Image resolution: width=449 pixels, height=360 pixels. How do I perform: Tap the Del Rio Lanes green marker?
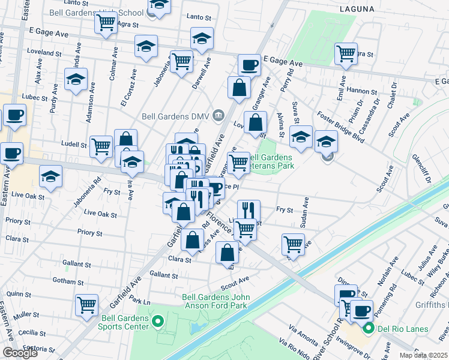click(369, 328)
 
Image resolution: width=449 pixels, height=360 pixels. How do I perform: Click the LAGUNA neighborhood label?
click(357, 9)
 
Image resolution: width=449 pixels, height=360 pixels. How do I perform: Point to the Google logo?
click(20, 353)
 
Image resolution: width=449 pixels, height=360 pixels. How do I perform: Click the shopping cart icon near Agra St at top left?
click(106, 23)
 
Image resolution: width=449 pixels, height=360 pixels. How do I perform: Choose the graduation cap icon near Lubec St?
click(76, 80)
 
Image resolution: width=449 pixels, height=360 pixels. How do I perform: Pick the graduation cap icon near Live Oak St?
click(51, 176)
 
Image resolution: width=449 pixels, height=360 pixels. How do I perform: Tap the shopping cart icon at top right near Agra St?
click(346, 53)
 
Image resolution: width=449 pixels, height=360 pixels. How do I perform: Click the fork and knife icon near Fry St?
click(248, 210)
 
